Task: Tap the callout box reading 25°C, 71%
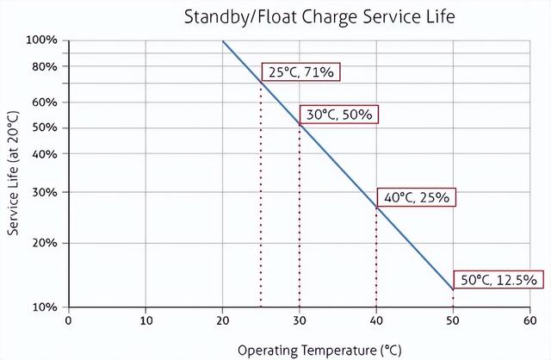pos(300,72)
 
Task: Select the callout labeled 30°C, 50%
pos(338,115)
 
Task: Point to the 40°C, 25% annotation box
pos(417,197)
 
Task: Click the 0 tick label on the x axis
pos(69,321)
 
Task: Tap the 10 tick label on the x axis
pos(145,321)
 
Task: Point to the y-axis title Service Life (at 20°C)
pos(13,172)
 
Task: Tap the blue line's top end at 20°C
pos(223,41)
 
